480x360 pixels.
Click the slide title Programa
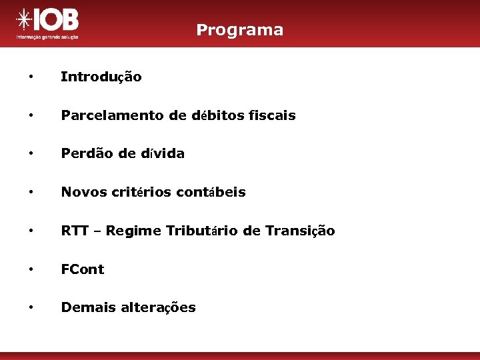coord(239,30)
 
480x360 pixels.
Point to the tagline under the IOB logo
coord(47,37)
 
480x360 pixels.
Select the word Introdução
coord(101,77)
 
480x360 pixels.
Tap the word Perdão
coord(82,153)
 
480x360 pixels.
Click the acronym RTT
coord(73,231)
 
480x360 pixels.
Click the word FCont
coord(82,269)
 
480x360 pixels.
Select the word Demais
coord(85,307)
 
